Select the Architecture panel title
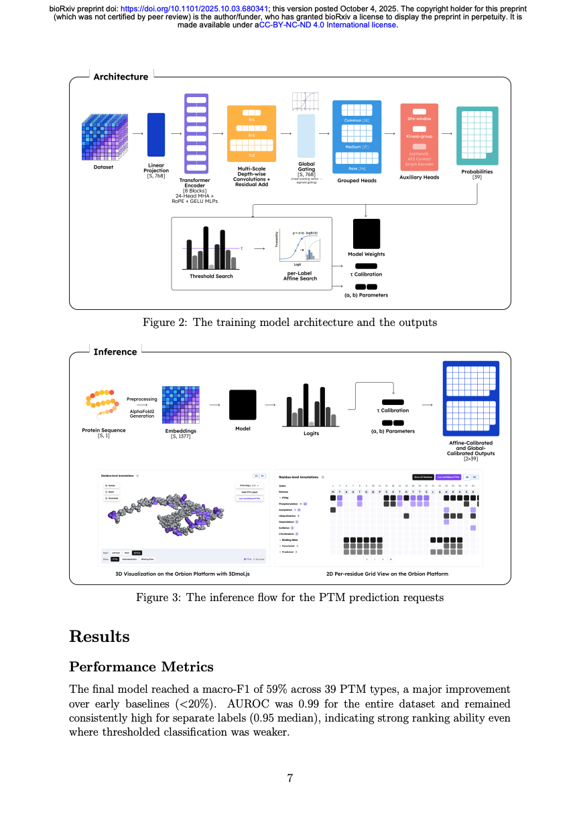pyautogui.click(x=121, y=77)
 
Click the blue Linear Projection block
pyautogui.click(x=155, y=135)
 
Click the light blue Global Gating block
pyautogui.click(x=306, y=136)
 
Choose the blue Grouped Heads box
pyautogui.click(x=357, y=136)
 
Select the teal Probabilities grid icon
pyautogui.click(x=477, y=135)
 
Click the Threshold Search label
pyautogui.click(x=211, y=276)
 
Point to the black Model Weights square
pyautogui.click(x=367, y=234)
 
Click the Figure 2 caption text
pyautogui.click(x=289, y=323)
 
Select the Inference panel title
pyautogui.click(x=115, y=352)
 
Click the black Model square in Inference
pyautogui.click(x=243, y=405)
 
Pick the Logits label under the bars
pyautogui.click(x=312, y=433)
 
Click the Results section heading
pyautogui.click(x=99, y=635)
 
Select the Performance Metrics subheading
pyautogui.click(x=141, y=667)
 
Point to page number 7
pyautogui.click(x=290, y=778)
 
